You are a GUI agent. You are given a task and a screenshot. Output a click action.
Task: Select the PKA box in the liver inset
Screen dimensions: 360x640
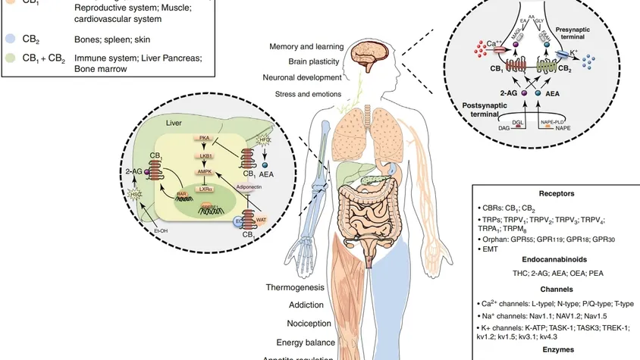pyautogui.click(x=204, y=138)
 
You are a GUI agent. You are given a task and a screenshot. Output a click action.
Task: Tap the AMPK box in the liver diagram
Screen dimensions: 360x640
pyautogui.click(x=204, y=172)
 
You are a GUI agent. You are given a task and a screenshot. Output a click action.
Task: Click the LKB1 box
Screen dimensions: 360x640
pyautogui.click(x=204, y=155)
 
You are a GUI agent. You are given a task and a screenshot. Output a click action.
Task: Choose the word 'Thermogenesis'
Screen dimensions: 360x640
pyautogui.click(x=295, y=288)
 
